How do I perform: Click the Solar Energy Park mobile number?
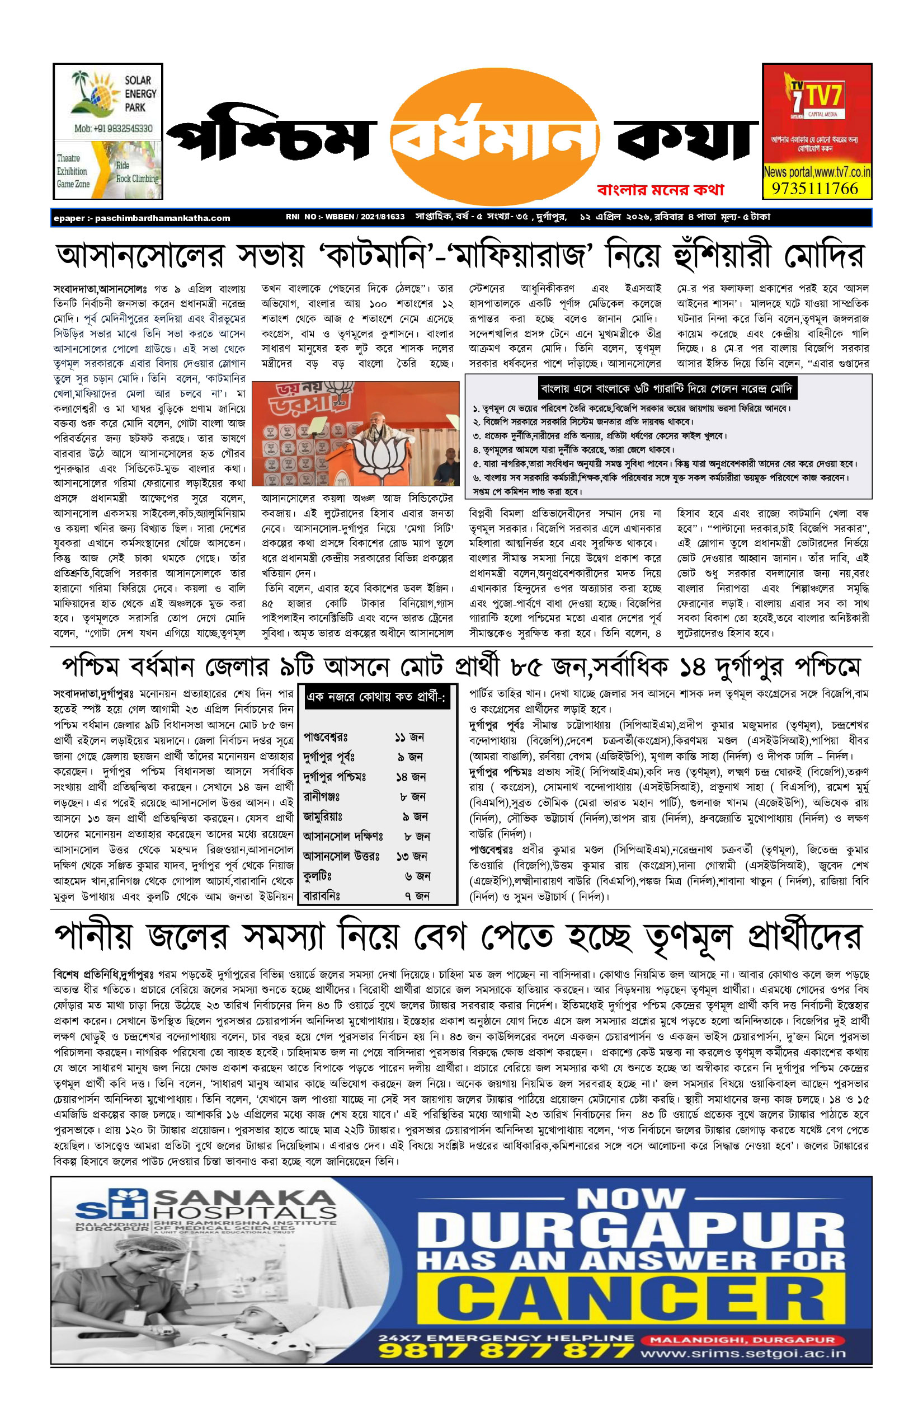pos(113,128)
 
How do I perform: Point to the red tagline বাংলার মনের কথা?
pos(661,190)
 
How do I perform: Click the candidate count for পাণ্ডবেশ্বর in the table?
pos(409,737)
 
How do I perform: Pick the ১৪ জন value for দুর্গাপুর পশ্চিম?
pos(411,777)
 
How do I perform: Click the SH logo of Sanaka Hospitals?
pos(112,1204)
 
